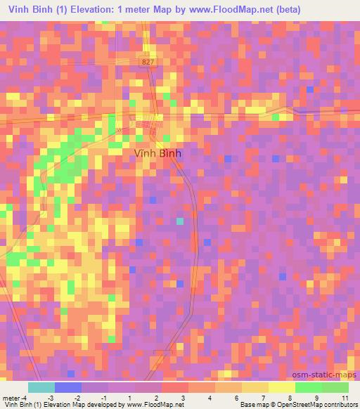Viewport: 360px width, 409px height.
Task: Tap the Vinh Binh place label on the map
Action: click(x=156, y=152)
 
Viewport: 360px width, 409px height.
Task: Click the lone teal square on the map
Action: click(x=180, y=221)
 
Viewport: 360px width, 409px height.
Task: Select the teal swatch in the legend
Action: click(x=41, y=387)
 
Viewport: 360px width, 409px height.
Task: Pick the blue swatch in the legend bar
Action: click(x=67, y=387)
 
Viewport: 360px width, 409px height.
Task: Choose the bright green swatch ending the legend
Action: click(x=335, y=387)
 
